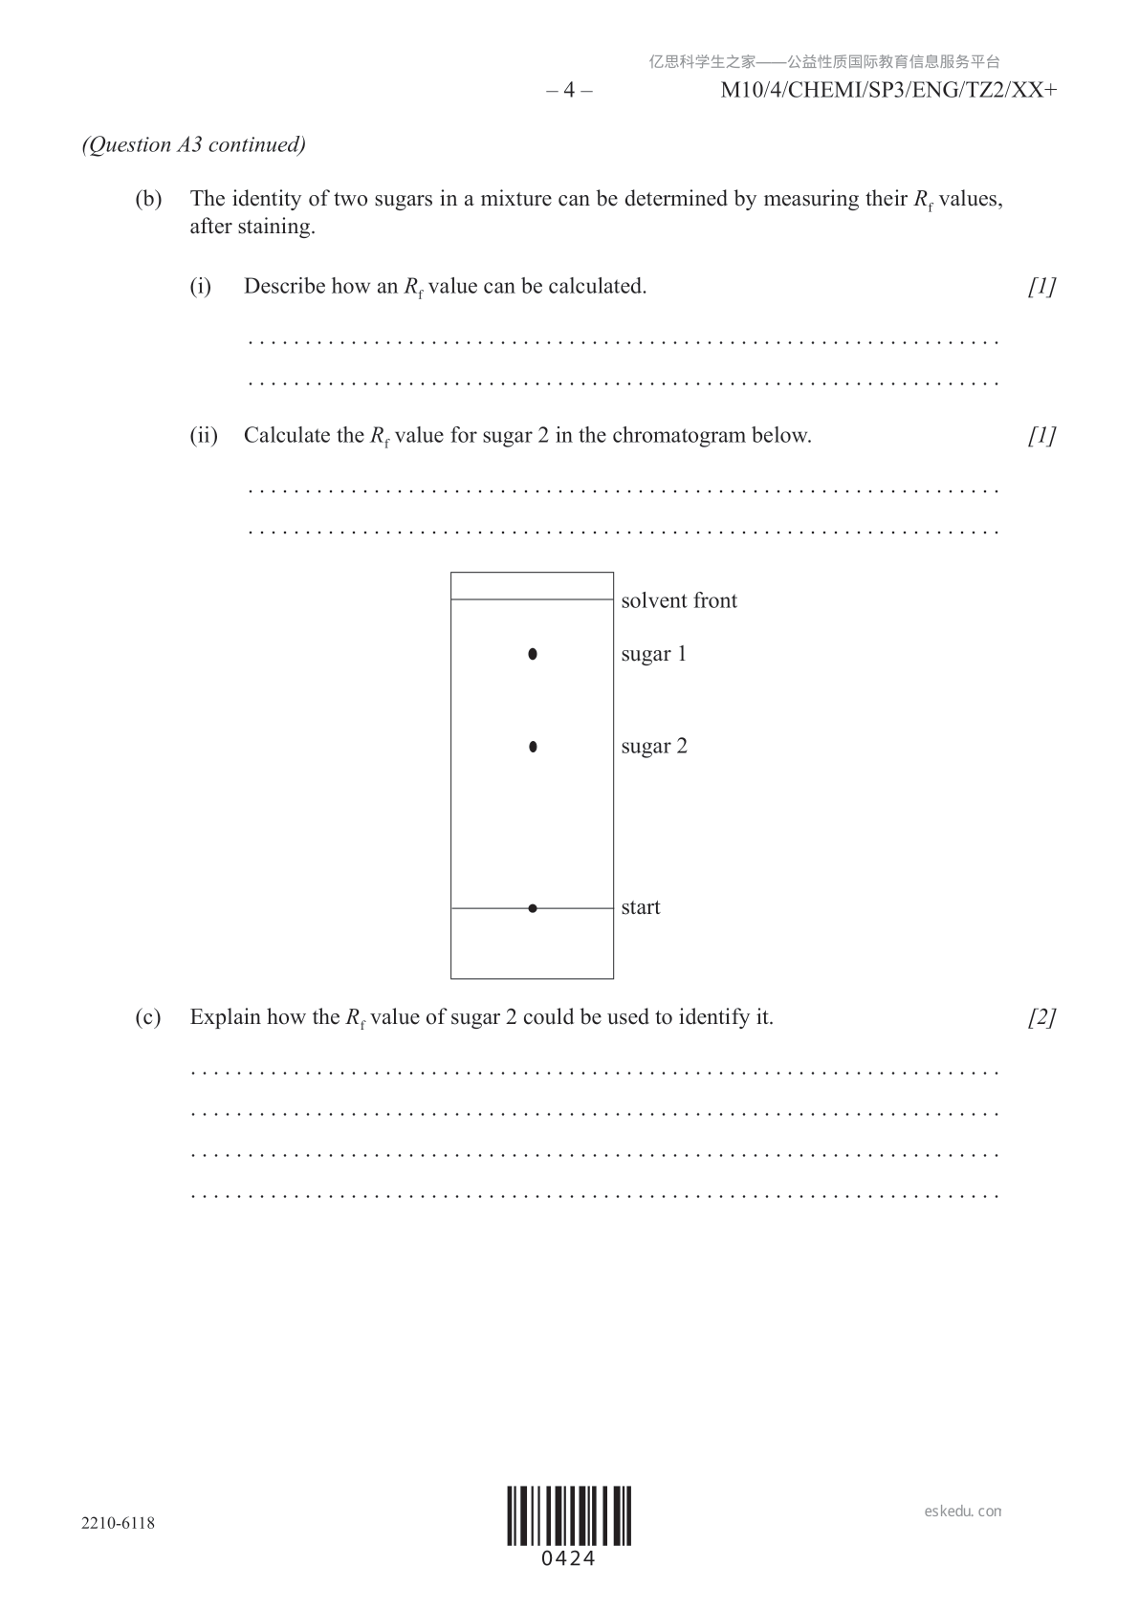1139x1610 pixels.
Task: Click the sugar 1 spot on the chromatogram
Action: [x=533, y=655]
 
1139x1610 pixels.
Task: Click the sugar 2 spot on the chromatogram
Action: [x=533, y=747]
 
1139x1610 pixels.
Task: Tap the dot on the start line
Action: [x=533, y=908]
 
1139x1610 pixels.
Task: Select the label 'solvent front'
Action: [x=679, y=601]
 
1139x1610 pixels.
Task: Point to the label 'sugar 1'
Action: [x=654, y=655]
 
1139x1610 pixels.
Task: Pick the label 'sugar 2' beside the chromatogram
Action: [x=654, y=747]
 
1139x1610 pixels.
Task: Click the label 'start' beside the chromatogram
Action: [x=641, y=907]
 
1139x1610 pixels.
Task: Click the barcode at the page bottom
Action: [x=569, y=1515]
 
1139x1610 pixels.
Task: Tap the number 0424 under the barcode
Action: [x=569, y=1559]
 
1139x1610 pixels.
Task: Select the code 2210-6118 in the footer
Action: [x=118, y=1523]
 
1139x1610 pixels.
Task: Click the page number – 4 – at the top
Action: [x=569, y=91]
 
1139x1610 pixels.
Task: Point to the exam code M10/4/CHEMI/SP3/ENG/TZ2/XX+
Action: [x=888, y=91]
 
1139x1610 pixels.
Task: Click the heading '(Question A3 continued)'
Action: [x=194, y=145]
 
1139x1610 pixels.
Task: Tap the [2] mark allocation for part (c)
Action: [x=1042, y=1017]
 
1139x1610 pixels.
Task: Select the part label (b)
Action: [x=148, y=199]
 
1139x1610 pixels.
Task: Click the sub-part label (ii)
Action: [x=204, y=436]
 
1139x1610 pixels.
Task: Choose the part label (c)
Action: [x=148, y=1017]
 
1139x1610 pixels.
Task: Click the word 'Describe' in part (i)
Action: [x=285, y=287]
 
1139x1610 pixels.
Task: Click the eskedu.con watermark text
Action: [x=963, y=1512]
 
